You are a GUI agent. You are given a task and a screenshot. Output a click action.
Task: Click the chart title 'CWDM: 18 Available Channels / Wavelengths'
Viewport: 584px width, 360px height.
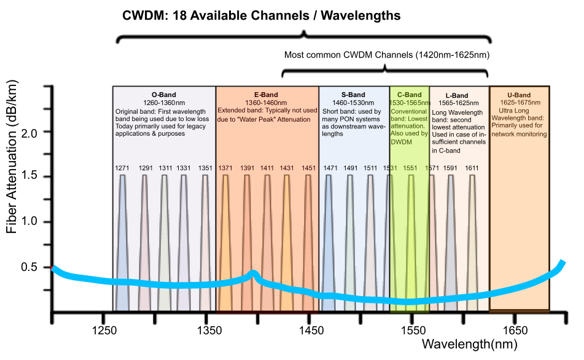click(x=262, y=15)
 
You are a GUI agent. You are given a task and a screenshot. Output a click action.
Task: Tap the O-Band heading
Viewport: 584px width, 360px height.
click(x=164, y=95)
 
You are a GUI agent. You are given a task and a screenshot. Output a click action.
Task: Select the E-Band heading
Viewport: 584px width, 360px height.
click(x=266, y=95)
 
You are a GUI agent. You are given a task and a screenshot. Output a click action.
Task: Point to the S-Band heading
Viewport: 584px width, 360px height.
click(x=353, y=95)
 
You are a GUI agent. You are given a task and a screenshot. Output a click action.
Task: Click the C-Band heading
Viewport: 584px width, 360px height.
click(x=410, y=95)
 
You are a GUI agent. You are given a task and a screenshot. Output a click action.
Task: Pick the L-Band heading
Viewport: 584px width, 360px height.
click(x=457, y=95)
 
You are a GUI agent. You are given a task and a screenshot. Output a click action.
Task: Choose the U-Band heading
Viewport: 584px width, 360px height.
click(x=519, y=95)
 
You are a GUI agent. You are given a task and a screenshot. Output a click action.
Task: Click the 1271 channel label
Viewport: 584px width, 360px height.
click(x=122, y=168)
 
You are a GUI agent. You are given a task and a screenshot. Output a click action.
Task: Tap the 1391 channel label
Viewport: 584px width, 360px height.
click(x=247, y=168)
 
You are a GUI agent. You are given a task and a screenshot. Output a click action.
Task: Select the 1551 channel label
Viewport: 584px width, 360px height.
click(x=410, y=168)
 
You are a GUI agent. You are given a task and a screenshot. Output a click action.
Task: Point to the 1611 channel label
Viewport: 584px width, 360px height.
click(x=472, y=168)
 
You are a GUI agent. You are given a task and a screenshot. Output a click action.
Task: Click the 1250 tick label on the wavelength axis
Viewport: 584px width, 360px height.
click(x=104, y=331)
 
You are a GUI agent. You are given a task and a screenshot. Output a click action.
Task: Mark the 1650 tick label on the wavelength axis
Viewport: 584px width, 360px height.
click(x=515, y=331)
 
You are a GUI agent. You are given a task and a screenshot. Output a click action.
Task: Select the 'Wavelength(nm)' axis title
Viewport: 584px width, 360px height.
click(x=470, y=344)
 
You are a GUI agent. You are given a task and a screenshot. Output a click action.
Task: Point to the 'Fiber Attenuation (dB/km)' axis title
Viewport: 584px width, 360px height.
click(x=12, y=157)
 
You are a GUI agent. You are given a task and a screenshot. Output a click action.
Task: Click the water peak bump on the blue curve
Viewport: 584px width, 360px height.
click(x=253, y=275)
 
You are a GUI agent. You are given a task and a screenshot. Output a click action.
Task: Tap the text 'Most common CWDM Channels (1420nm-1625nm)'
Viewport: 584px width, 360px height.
click(x=387, y=55)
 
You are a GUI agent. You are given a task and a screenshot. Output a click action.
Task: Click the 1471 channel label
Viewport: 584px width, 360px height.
click(x=330, y=168)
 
